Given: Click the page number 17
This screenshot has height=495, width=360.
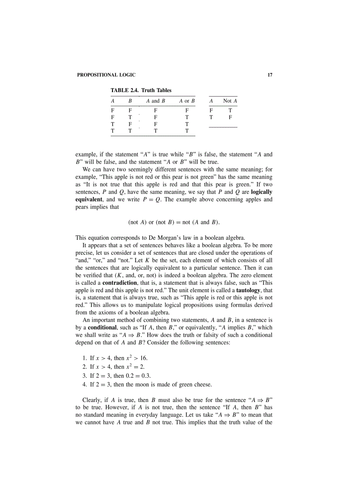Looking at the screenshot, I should (x=270, y=75).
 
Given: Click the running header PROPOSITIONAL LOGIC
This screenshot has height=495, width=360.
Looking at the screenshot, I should (x=106, y=75).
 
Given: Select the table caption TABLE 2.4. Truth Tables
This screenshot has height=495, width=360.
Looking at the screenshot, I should (x=141, y=90).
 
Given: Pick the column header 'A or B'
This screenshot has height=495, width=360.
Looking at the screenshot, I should (x=187, y=101).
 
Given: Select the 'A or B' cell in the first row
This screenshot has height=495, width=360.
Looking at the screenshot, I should (x=187, y=110).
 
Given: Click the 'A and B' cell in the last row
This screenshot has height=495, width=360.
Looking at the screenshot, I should (x=155, y=130).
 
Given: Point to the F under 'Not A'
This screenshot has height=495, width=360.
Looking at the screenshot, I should (x=230, y=117).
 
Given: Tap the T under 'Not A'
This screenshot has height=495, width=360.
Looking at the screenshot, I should (x=230, y=110).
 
